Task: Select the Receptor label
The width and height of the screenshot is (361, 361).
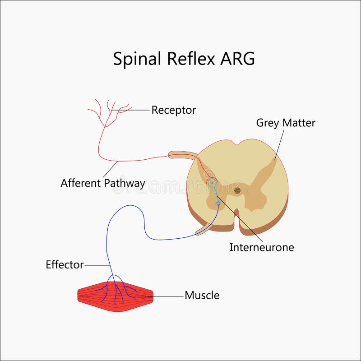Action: click(x=173, y=110)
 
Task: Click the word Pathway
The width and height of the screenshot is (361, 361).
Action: click(x=124, y=184)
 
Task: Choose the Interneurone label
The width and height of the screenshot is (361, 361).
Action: click(x=262, y=247)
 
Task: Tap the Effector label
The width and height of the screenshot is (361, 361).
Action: click(x=65, y=265)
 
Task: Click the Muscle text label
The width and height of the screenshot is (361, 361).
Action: click(x=202, y=296)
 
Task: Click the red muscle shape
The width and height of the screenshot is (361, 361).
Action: click(x=115, y=296)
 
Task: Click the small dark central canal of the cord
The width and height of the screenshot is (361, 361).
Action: click(x=237, y=190)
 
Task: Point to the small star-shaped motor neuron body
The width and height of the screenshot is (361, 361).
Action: click(x=218, y=204)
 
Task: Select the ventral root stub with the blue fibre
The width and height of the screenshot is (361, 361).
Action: click(x=203, y=231)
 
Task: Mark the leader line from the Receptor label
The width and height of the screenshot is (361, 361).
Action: click(x=135, y=110)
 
